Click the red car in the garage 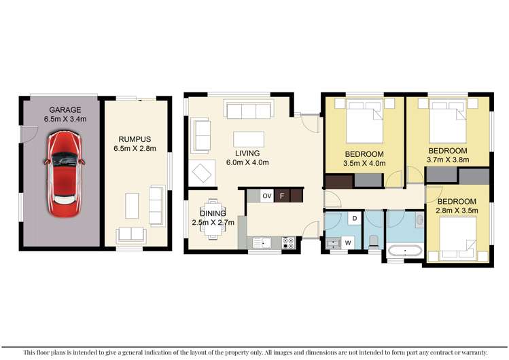pos(65,173)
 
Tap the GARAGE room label pos(65,110)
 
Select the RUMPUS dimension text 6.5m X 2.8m pos(135,149)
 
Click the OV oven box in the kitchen pos(267,196)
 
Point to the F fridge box pos(282,196)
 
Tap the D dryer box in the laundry pos(355,218)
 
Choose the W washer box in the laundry pos(348,242)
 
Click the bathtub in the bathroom pos(405,251)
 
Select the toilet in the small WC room pos(373,242)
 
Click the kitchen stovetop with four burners pos(288,243)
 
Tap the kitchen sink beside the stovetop pos(262,243)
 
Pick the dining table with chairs pos(213,219)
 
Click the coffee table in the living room pos(249,139)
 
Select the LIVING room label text pos(247,153)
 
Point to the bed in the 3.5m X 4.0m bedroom pos(365,122)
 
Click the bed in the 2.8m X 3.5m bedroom pos(458,238)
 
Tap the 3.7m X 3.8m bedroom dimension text pos(448,160)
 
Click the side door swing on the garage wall pos(29,134)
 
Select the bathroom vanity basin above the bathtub pos(420,220)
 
